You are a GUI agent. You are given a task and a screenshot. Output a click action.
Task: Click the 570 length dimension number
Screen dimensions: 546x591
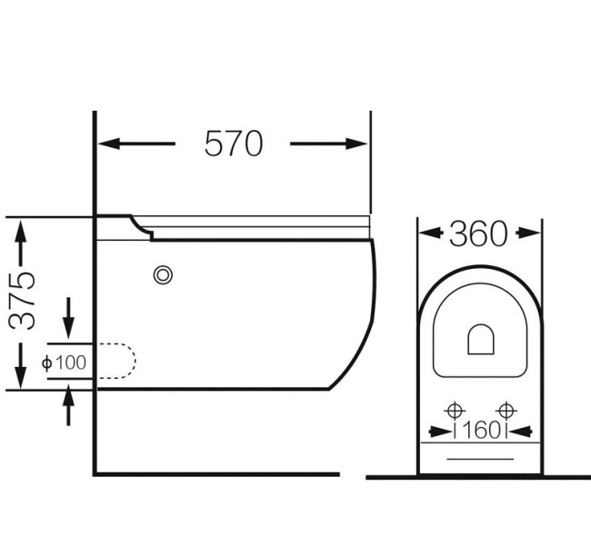[x=233, y=144]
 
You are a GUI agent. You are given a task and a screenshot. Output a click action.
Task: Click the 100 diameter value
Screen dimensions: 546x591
[x=72, y=362]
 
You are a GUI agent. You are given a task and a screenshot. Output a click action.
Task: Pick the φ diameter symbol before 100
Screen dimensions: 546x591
[x=48, y=362]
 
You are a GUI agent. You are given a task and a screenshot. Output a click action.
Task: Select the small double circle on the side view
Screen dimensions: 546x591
[x=164, y=273]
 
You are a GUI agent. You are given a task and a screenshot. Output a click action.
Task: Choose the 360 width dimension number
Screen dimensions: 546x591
[x=478, y=233]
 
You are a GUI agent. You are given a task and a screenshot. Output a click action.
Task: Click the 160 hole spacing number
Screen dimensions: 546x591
[x=480, y=431]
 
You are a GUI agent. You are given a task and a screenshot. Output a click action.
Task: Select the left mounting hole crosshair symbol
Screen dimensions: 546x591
[x=456, y=409]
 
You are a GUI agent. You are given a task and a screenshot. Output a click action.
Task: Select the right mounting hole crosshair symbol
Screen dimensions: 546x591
[x=506, y=409]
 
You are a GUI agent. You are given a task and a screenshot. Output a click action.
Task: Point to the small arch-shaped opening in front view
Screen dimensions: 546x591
[x=480, y=340]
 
